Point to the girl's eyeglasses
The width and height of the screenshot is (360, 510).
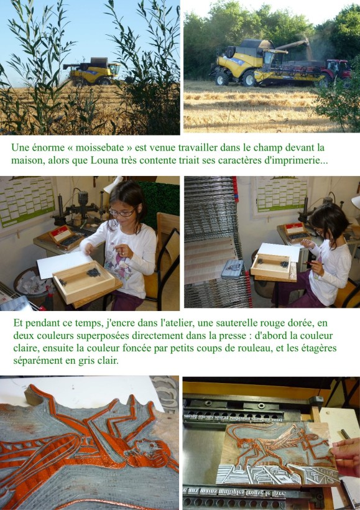point(122,213)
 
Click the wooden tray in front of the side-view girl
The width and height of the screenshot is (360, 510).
point(271,266)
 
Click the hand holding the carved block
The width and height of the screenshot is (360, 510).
point(346,457)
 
